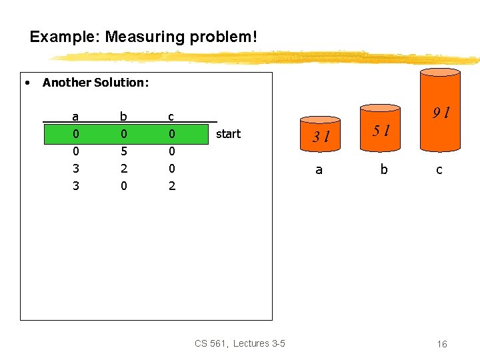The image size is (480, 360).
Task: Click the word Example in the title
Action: click(63, 37)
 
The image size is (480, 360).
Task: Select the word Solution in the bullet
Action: click(121, 83)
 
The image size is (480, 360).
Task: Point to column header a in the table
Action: click(75, 117)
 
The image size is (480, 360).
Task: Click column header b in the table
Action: click(123, 116)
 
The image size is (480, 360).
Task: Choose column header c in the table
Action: click(171, 117)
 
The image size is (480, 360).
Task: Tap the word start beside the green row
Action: click(228, 134)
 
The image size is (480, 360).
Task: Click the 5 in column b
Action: click(123, 151)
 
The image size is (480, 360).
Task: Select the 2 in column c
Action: click(172, 186)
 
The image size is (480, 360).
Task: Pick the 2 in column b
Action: click(123, 169)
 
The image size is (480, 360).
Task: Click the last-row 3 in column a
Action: click(75, 186)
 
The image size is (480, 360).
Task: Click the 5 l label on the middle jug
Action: click(381, 130)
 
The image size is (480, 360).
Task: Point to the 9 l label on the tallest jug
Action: click(440, 113)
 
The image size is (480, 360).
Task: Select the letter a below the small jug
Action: click(319, 169)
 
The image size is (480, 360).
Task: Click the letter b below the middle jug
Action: click(383, 169)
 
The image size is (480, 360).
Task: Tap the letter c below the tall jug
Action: click(439, 170)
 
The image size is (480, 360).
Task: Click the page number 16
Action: click(442, 344)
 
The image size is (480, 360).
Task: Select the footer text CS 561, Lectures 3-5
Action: click(240, 343)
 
